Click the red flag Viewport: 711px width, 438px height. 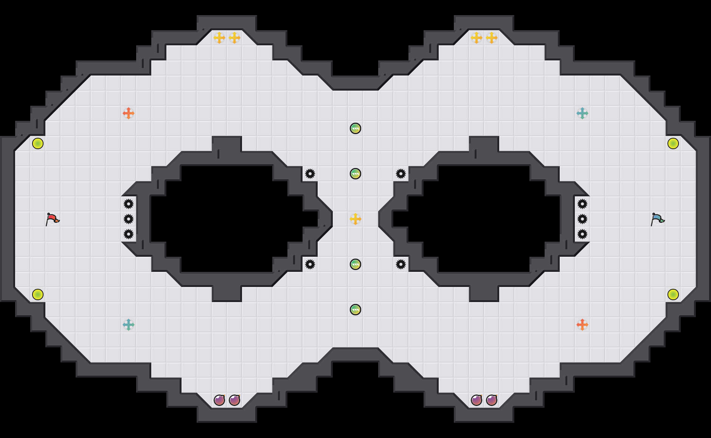[53, 219]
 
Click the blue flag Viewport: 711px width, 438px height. [658, 219]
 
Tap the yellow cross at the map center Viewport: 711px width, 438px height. [355, 219]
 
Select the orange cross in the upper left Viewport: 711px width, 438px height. [129, 113]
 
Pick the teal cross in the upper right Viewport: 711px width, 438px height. [582, 113]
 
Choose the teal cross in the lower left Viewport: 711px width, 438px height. [129, 325]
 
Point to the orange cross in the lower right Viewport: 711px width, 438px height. [582, 325]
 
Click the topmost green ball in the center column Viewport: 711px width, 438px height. [355, 128]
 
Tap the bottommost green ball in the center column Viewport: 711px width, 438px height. [355, 310]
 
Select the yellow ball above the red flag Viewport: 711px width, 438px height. [38, 143]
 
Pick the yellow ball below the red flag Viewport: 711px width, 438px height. [38, 295]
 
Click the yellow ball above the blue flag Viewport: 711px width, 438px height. [673, 143]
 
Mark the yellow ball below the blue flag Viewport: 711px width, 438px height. [673, 295]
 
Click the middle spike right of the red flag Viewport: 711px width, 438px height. [129, 219]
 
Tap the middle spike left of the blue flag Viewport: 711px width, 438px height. [582, 219]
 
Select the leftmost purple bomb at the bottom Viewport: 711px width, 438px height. [219, 400]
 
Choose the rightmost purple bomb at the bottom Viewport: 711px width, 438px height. [492, 400]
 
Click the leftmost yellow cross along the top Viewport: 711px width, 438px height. [219, 38]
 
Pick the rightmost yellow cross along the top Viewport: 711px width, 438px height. [492, 38]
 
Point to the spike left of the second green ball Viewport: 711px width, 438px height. [310, 174]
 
